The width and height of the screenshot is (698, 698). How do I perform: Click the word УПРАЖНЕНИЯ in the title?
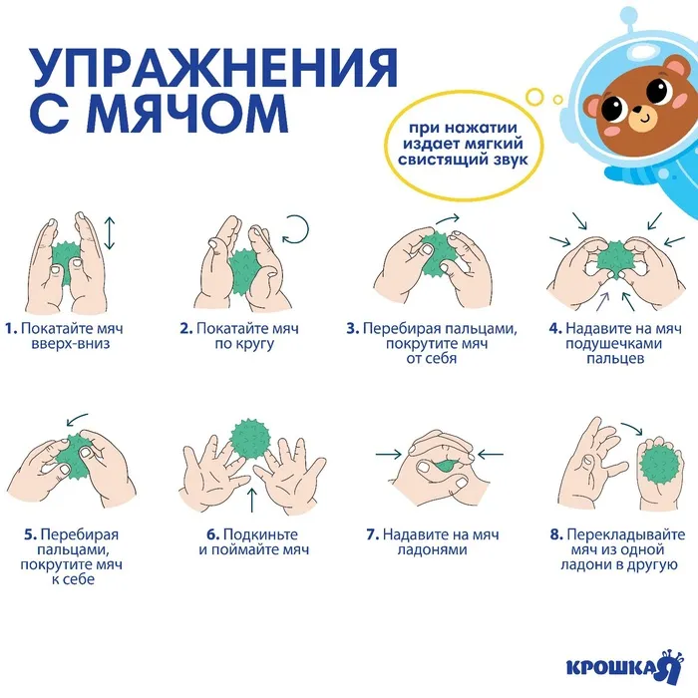[x=213, y=68]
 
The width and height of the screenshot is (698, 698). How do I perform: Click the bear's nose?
[x=638, y=109]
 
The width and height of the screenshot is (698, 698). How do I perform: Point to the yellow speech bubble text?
[x=463, y=144]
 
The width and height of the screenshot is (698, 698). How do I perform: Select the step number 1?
[x=11, y=328]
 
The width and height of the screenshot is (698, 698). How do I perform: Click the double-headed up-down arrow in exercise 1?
[x=110, y=233]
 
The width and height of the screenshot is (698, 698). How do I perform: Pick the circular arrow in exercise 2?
[x=295, y=230]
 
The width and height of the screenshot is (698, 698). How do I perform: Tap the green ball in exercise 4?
[x=615, y=260]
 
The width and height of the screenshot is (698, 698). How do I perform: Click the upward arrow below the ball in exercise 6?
[x=252, y=500]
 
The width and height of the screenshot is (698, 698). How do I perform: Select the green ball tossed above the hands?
[x=251, y=439]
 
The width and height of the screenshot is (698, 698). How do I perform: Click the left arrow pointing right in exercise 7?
[x=389, y=455]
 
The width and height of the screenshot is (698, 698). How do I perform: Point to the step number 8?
[x=556, y=534]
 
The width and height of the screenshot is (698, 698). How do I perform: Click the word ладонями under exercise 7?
[x=432, y=549]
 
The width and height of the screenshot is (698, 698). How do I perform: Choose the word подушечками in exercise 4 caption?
[x=614, y=344]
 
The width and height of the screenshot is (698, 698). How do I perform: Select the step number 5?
[x=30, y=534]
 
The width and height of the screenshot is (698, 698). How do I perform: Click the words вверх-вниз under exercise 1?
[x=71, y=344]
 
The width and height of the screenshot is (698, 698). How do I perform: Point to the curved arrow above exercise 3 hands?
[x=448, y=218]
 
